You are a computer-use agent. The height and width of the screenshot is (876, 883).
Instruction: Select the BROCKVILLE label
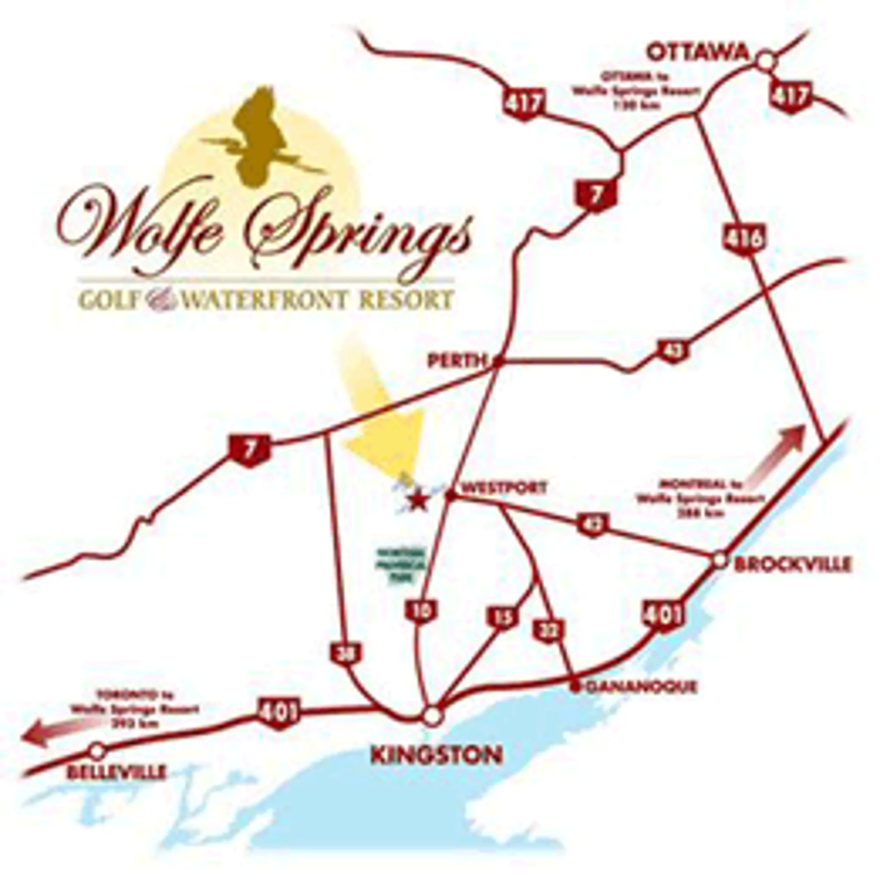(x=792, y=565)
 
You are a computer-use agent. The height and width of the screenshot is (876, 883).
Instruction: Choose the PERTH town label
(x=456, y=362)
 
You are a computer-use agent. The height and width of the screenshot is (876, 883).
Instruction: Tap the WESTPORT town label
(x=504, y=488)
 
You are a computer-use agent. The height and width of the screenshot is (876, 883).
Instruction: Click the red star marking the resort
(x=417, y=502)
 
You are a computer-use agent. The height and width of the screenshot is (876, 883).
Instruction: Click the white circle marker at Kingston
(x=432, y=716)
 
